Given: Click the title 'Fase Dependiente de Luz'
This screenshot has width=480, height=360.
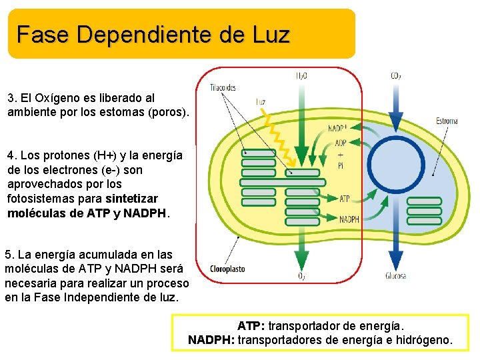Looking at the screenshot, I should tap(153, 34).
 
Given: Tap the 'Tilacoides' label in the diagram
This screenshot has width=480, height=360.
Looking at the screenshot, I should tap(223, 87).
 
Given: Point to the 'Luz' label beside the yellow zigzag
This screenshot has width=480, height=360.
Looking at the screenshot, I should tap(261, 102).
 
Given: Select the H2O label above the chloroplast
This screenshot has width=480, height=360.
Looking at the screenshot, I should tap(301, 75).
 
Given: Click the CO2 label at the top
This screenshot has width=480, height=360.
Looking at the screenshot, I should tap(396, 75).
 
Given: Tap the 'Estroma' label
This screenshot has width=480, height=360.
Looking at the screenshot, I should tap(446, 121).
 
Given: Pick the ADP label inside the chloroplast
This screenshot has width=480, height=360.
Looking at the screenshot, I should tap(341, 142).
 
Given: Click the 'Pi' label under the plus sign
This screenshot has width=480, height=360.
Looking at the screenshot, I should tap(341, 167).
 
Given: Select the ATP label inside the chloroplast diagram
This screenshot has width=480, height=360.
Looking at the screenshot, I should tap(345, 198).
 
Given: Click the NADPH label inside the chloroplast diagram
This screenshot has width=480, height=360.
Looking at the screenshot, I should tap(349, 219).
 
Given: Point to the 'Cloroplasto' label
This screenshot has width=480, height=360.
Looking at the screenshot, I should tap(227, 269).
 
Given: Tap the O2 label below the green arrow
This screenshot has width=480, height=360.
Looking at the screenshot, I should tap(302, 276).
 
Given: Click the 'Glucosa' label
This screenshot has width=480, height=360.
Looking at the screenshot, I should tap(395, 275).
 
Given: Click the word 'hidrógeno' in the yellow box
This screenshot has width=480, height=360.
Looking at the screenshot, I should tap(423, 340).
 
